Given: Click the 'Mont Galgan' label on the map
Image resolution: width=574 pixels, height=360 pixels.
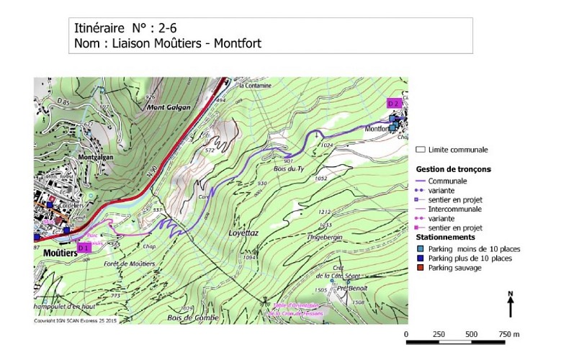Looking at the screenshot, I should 169,107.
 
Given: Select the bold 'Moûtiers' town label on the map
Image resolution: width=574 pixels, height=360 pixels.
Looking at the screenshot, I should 58,254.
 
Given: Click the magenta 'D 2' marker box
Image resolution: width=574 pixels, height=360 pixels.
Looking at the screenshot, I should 393,103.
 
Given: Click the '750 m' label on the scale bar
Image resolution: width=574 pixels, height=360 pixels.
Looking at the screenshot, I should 509,335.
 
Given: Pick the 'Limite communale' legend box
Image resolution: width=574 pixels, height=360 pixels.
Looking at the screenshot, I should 421,150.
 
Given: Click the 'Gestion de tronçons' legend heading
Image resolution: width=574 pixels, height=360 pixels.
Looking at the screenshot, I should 454,168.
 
